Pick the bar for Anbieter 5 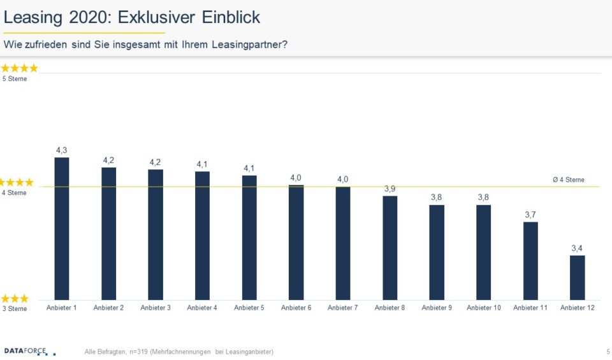coord(249,237)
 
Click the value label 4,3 coord(62,150)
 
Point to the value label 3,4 coord(577,248)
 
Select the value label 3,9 coord(390,189)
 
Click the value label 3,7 coord(530,215)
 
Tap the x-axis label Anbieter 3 coord(156,308)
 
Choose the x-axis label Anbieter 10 coord(484,308)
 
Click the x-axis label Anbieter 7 coord(343,308)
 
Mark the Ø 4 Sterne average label coord(568,180)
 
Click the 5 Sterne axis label coord(15,79)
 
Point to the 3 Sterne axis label coord(15,309)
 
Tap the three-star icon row coord(15,298)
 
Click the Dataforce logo coord(29,351)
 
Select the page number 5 coord(608,352)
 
